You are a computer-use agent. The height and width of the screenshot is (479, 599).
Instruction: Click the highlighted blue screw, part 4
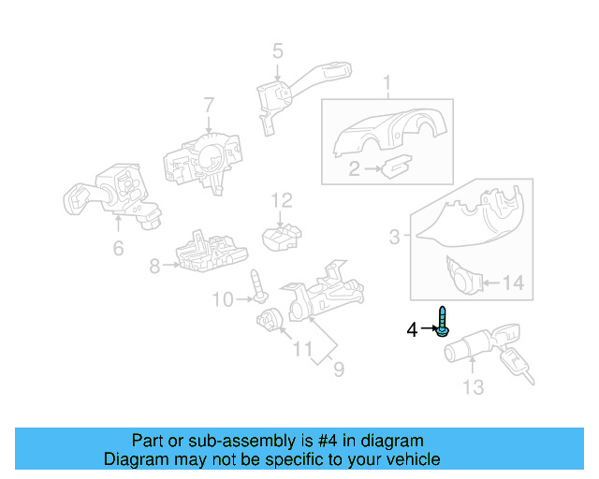443,321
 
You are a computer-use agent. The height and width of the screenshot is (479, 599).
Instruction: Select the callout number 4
412,329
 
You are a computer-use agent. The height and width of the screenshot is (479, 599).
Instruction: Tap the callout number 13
474,386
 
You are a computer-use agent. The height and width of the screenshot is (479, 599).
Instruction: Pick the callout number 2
354,169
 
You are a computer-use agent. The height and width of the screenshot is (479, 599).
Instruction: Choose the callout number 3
395,238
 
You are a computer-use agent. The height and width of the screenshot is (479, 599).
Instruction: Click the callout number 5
277,51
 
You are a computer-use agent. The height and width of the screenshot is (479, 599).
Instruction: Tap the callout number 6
118,248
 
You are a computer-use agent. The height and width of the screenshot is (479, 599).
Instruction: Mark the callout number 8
154,265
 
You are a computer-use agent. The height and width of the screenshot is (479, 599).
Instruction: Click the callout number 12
282,199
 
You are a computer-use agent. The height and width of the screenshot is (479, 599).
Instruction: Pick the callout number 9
338,370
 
